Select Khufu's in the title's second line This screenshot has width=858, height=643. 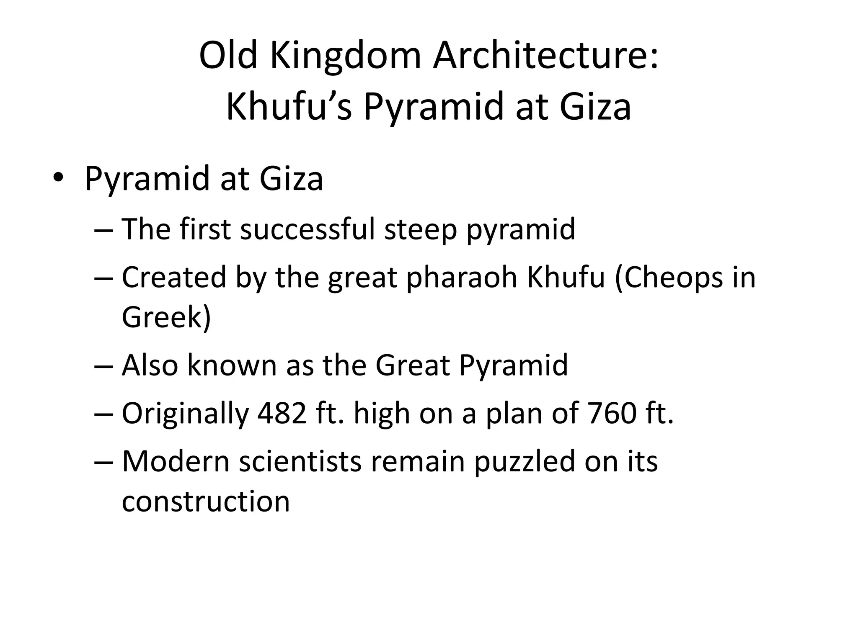289,107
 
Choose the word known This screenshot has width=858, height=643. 232,365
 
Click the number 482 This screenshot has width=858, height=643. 282,413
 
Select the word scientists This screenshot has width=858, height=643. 300,461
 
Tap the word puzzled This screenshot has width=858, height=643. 525,462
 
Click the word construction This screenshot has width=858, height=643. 206,502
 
